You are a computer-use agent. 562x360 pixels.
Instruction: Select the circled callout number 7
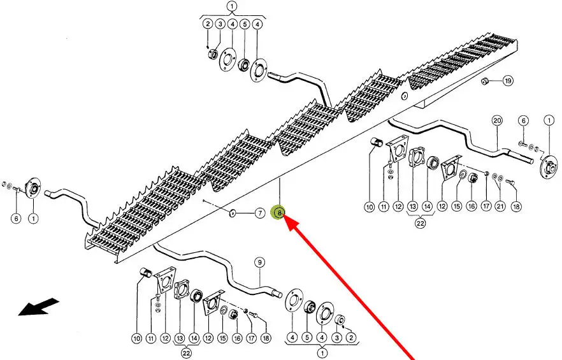pos(260,213)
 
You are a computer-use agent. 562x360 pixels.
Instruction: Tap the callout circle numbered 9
pos(260,262)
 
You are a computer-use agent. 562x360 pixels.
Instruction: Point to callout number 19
pos(507,81)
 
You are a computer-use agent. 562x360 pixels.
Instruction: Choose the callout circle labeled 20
pos(497,120)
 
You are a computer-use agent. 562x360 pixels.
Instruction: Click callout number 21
pos(500,206)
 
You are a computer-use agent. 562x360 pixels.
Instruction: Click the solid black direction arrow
pos(38,306)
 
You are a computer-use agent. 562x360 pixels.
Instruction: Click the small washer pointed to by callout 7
pos(233,212)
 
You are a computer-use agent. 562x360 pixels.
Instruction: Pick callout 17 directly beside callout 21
pos(486,206)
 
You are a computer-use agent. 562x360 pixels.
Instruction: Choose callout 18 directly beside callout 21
pos(515,206)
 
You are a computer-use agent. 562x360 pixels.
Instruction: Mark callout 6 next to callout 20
pos(522,120)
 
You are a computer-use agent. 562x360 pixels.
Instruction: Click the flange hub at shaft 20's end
pos(545,168)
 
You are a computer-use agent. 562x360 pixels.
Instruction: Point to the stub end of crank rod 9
pos(277,294)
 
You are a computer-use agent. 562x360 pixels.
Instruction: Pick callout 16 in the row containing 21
pos(471,206)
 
